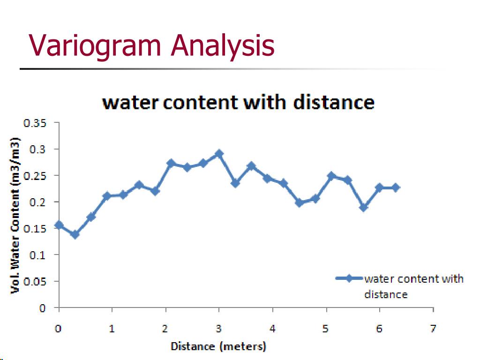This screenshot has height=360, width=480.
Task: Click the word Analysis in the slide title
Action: pos(223,45)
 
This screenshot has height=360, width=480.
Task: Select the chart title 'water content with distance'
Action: pos(239,102)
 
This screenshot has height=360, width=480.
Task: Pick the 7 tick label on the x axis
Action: pos(433,329)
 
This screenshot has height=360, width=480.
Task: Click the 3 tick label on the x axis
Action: pos(219,329)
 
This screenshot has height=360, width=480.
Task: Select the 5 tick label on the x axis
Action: pos(326,329)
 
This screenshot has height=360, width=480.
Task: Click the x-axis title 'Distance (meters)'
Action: pos(218,347)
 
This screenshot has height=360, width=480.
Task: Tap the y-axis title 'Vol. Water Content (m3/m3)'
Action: pos(15,216)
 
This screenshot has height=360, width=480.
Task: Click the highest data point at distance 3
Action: pos(219,154)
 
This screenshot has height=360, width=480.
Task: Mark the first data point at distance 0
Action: pos(59,225)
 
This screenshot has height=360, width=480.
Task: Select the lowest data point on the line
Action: pos(75,234)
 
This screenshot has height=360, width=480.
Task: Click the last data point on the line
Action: pos(396,187)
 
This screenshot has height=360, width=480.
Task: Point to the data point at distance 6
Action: pos(380,187)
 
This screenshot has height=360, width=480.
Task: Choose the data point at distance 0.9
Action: pos(107,196)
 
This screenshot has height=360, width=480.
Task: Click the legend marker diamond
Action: pos(349,278)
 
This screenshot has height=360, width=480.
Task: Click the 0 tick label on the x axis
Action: pos(58,329)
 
